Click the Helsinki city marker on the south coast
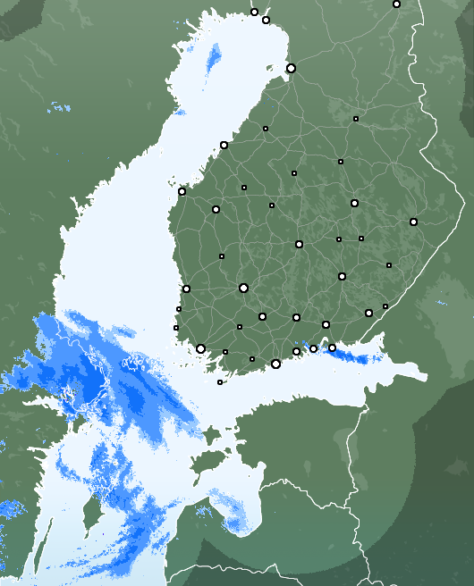click(x=275, y=364)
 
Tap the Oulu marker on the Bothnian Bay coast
click(x=291, y=68)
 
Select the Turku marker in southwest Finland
click(x=200, y=348)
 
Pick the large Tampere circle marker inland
click(x=243, y=288)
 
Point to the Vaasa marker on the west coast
click(x=182, y=191)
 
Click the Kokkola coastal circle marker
click(x=224, y=145)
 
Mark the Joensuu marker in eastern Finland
click(x=413, y=222)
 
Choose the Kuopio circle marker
click(x=354, y=203)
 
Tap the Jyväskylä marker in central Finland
click(x=299, y=244)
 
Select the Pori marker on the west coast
click(x=186, y=289)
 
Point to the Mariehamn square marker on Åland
click(x=220, y=382)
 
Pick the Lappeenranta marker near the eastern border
click(x=368, y=313)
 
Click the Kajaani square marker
click(x=341, y=162)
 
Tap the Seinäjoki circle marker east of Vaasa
click(x=216, y=209)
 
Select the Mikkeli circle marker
click(x=342, y=276)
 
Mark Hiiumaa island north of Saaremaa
click(x=212, y=437)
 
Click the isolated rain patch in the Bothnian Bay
click(x=214, y=57)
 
